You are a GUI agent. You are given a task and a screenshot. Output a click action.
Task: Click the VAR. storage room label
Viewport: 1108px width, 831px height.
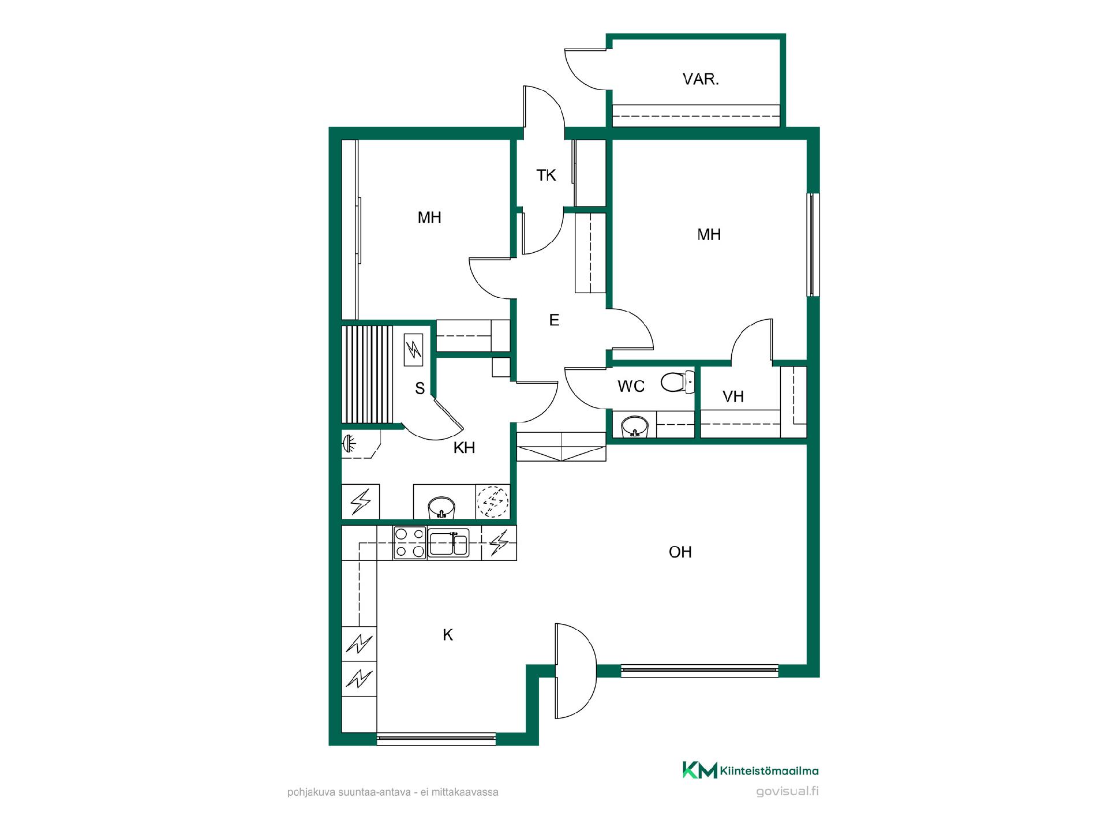coord(701,79)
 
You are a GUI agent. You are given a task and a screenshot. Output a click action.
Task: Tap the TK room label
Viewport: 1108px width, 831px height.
coord(546,175)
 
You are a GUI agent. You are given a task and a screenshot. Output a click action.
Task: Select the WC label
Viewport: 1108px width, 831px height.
coord(631,386)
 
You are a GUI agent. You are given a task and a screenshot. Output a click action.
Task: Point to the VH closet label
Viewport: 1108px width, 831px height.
coord(733,396)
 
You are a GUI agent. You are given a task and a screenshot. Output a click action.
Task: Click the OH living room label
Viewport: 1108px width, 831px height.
coord(680,552)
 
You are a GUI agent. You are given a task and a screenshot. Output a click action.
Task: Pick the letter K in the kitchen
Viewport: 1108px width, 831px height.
coord(448,635)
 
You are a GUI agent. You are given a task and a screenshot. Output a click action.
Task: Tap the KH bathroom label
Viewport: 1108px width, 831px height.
coord(464,447)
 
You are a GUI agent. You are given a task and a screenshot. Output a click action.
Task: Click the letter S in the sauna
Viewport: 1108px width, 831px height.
coord(420,388)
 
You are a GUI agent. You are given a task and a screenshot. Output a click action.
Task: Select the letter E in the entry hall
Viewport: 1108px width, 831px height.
coord(554,320)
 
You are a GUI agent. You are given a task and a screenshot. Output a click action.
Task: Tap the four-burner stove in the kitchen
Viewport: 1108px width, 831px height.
coord(410,543)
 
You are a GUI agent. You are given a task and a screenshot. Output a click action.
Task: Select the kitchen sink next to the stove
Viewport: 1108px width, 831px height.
coord(448,543)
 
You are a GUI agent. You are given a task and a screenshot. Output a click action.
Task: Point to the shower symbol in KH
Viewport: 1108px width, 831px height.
coord(349,444)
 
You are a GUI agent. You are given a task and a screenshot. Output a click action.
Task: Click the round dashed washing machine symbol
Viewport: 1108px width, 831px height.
coord(492,501)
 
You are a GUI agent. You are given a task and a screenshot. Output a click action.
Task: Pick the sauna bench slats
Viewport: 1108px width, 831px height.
coord(367,375)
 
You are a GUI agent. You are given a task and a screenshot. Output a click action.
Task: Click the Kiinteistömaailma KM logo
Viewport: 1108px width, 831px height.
coord(750,770)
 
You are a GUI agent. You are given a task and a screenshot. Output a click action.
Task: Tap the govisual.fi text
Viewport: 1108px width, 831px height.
coord(787,791)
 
